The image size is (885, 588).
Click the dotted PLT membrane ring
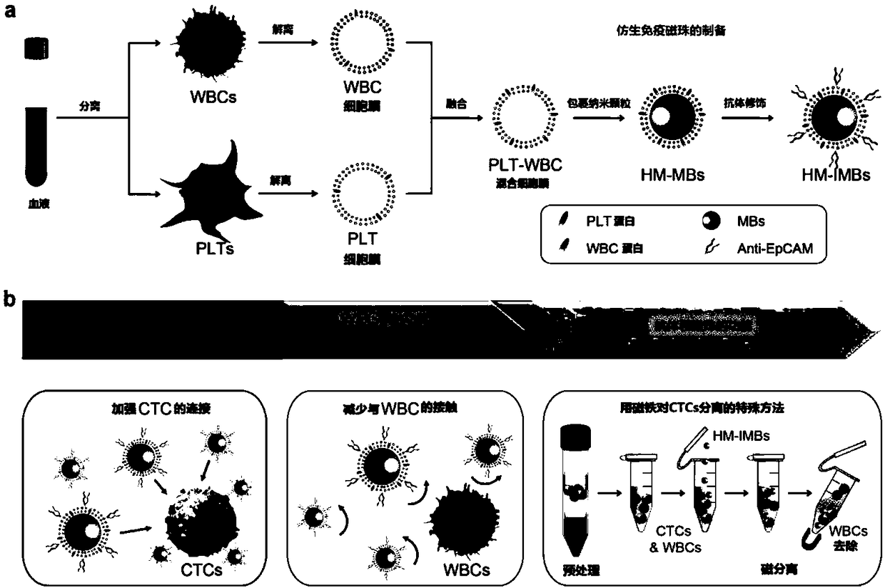(360, 192)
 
